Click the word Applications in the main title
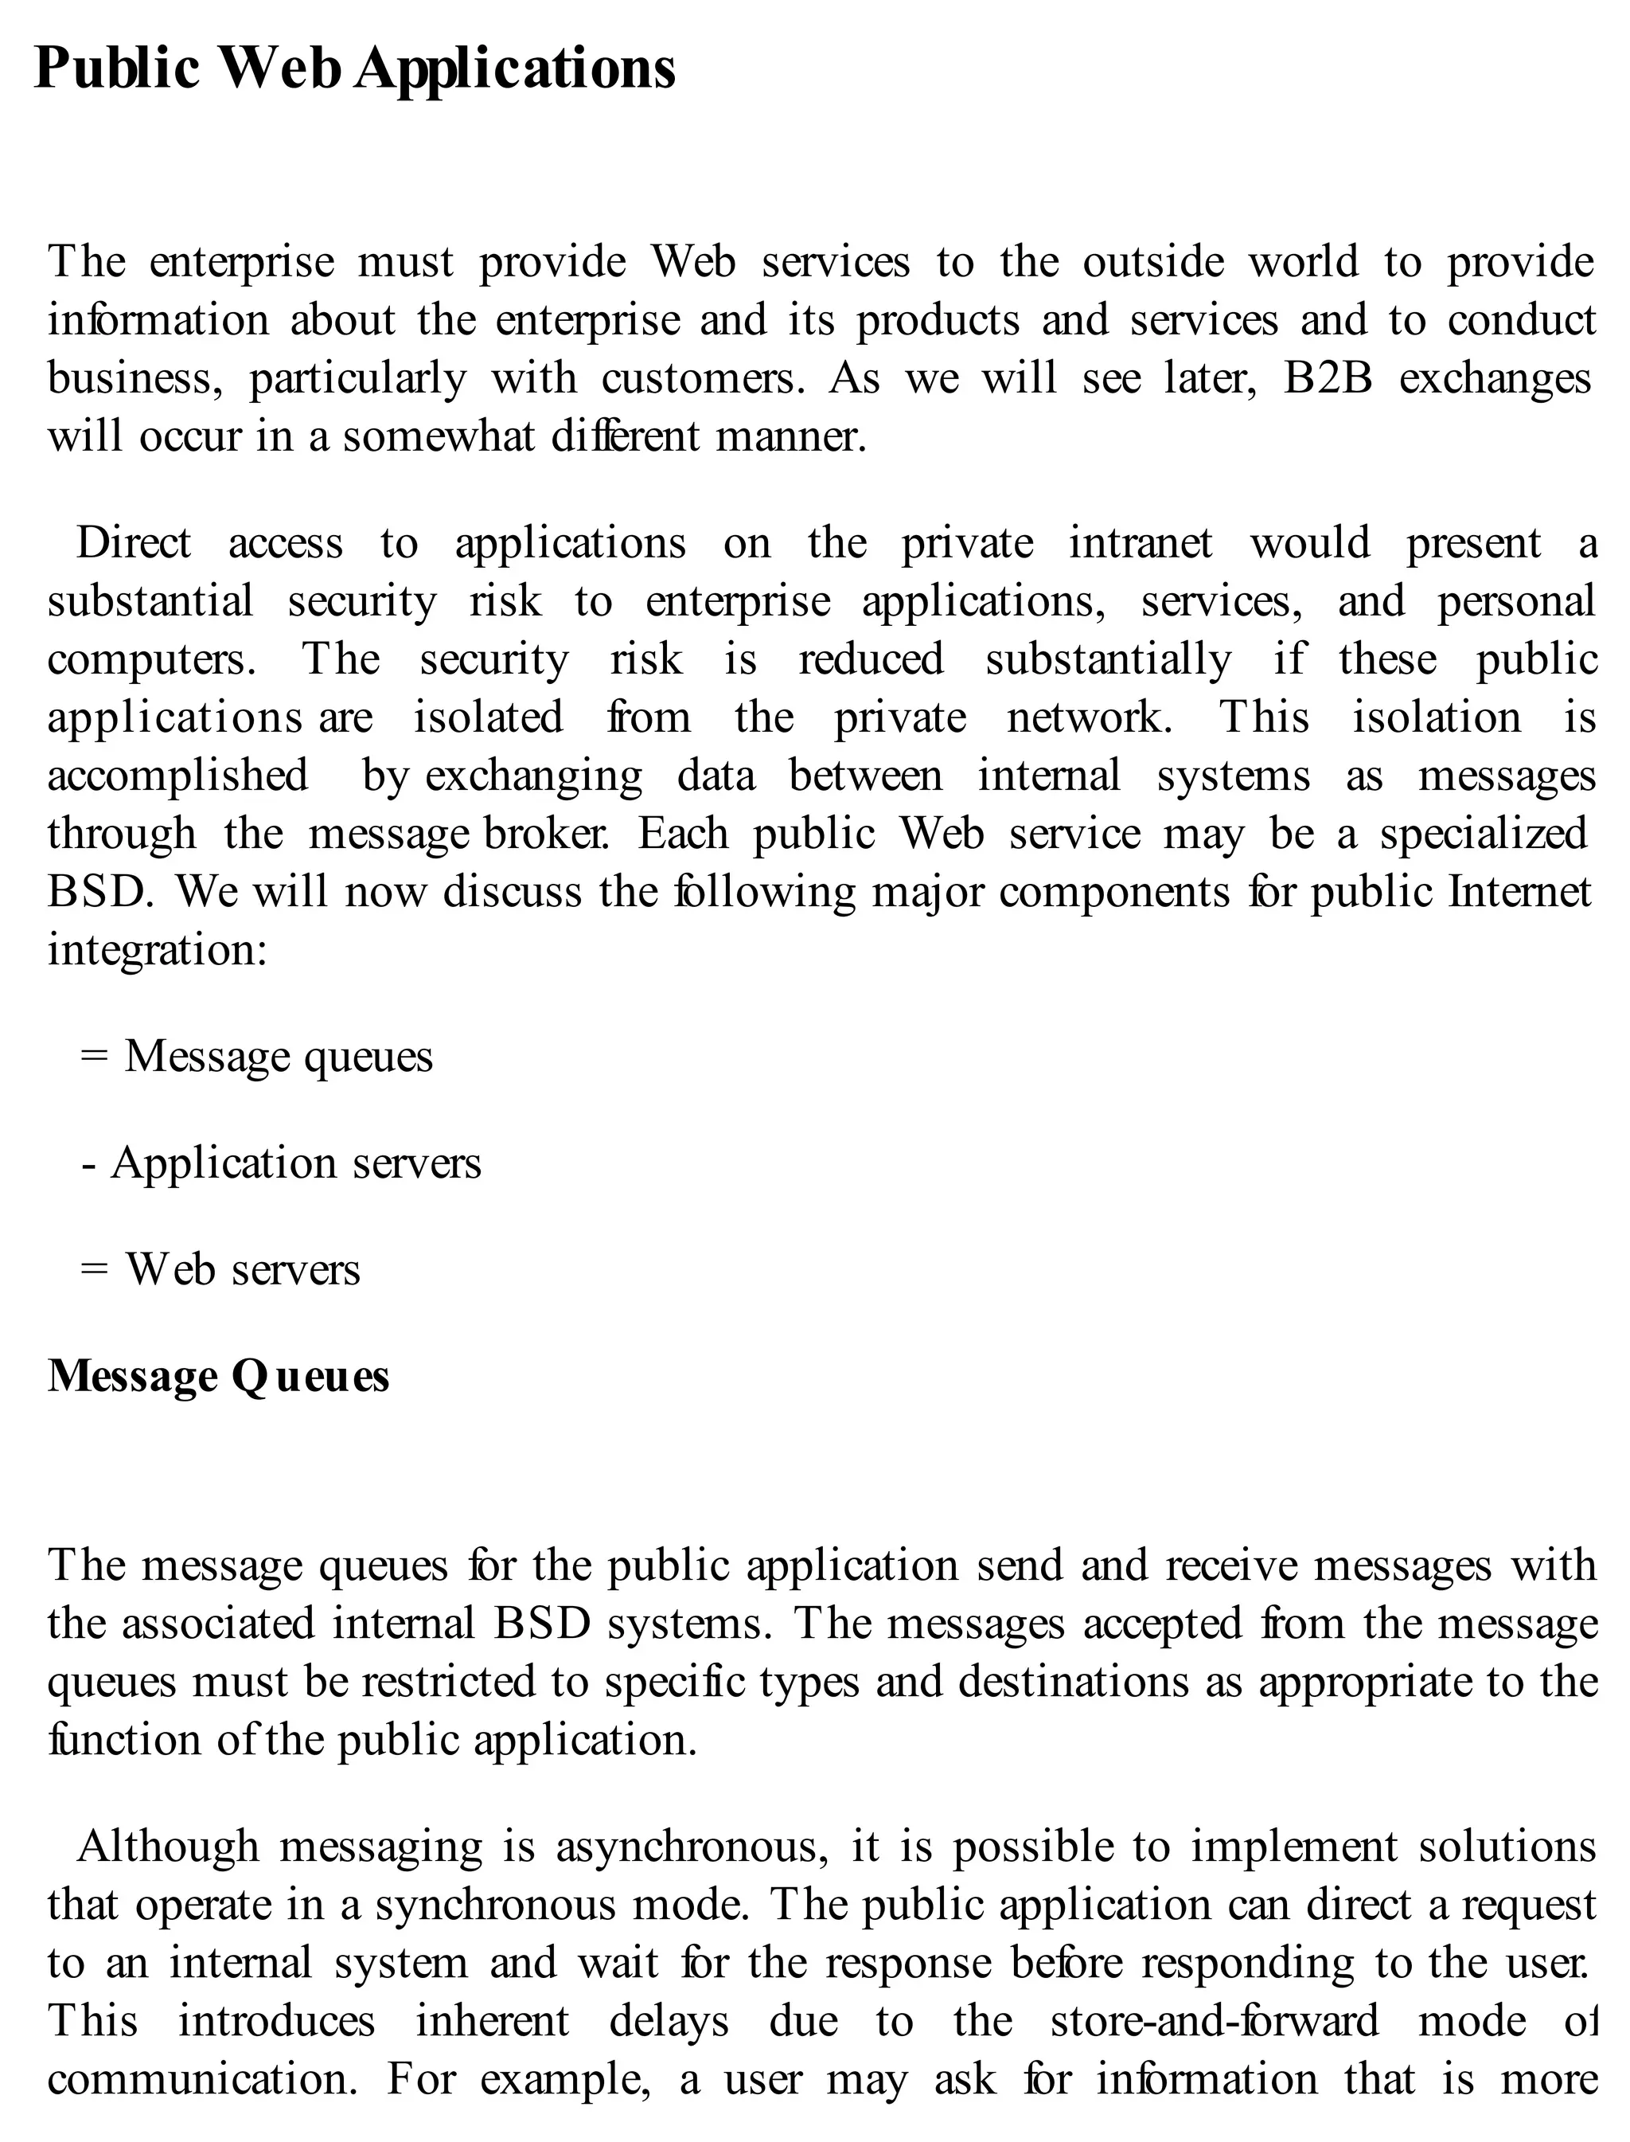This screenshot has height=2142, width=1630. tap(514, 70)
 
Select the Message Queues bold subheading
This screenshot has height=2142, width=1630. tap(218, 1376)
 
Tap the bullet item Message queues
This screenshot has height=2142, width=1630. tap(279, 1056)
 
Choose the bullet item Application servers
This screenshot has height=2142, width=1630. tap(296, 1163)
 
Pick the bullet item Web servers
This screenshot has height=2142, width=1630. tap(243, 1269)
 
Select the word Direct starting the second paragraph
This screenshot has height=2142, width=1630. tap(134, 544)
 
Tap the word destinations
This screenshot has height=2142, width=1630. tap(1073, 1682)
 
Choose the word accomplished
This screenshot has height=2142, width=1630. tap(177, 776)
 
